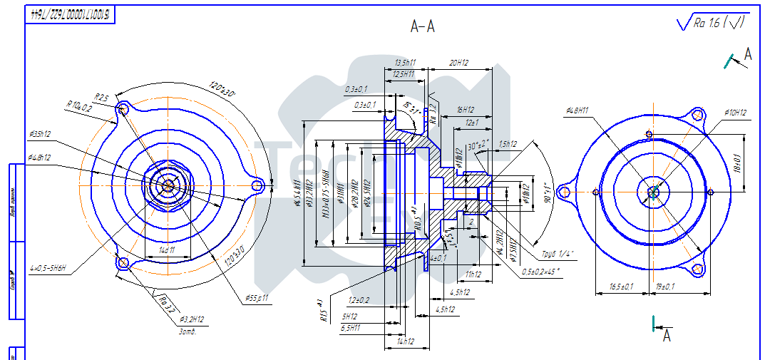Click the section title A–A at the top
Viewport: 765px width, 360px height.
point(423,27)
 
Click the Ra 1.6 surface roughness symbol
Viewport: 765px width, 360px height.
point(713,23)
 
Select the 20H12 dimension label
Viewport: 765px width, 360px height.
point(458,63)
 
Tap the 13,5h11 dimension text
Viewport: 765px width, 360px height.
point(405,63)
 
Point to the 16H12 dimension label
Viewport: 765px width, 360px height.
point(466,110)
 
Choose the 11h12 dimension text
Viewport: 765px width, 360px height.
point(473,274)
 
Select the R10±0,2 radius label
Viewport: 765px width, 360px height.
point(78,108)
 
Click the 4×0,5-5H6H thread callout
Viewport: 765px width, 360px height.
point(48,269)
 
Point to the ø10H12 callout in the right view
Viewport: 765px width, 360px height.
point(734,113)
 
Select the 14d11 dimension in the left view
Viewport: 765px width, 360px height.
point(167,251)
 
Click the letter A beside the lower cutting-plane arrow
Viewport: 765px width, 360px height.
point(667,335)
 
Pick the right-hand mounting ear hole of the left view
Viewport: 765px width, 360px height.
point(258,185)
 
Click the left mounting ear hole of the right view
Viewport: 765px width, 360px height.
point(565,191)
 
